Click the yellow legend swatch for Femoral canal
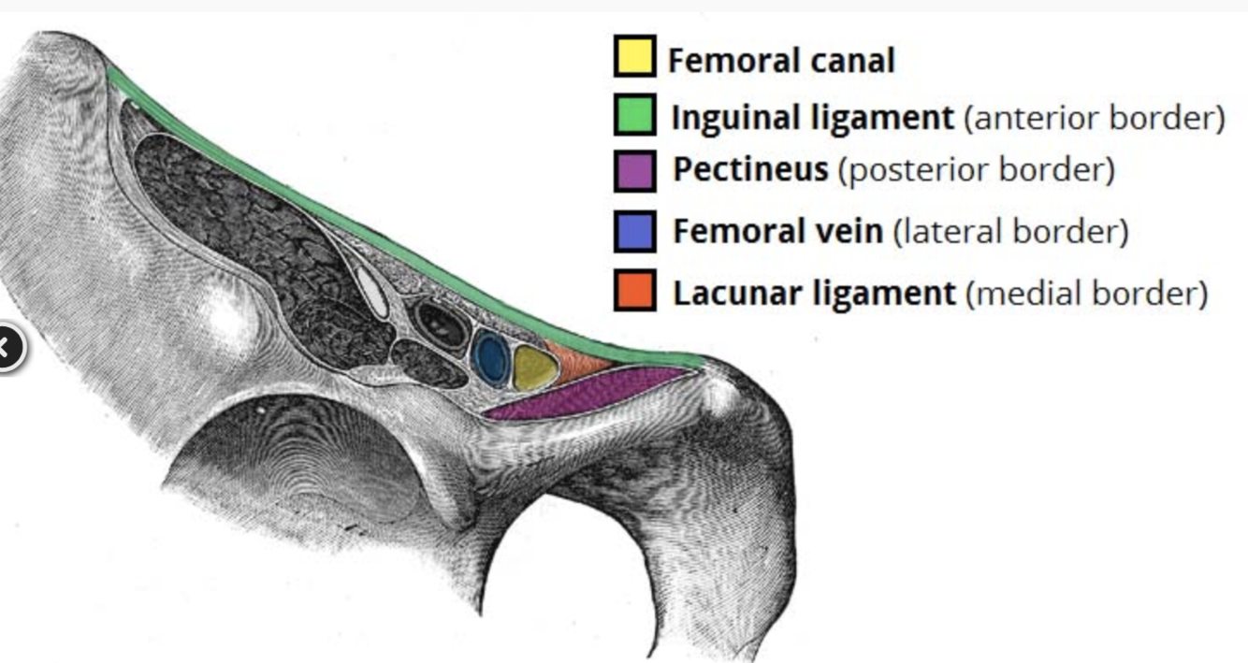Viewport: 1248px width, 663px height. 633,56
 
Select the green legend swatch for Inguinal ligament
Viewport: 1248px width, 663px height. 634,115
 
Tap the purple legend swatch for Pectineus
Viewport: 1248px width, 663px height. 634,172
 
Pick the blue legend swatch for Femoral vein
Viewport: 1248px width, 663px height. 634,231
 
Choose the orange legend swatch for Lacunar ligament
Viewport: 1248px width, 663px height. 634,290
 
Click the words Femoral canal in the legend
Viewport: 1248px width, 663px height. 781,62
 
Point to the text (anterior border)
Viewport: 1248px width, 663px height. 1094,119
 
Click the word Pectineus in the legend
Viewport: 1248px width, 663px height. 750,170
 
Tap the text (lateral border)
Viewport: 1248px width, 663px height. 1010,231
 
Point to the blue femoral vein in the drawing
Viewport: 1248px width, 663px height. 490,356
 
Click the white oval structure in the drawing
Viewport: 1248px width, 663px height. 372,292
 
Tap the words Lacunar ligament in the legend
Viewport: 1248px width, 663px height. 814,294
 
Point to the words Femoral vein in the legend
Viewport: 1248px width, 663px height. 776,231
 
